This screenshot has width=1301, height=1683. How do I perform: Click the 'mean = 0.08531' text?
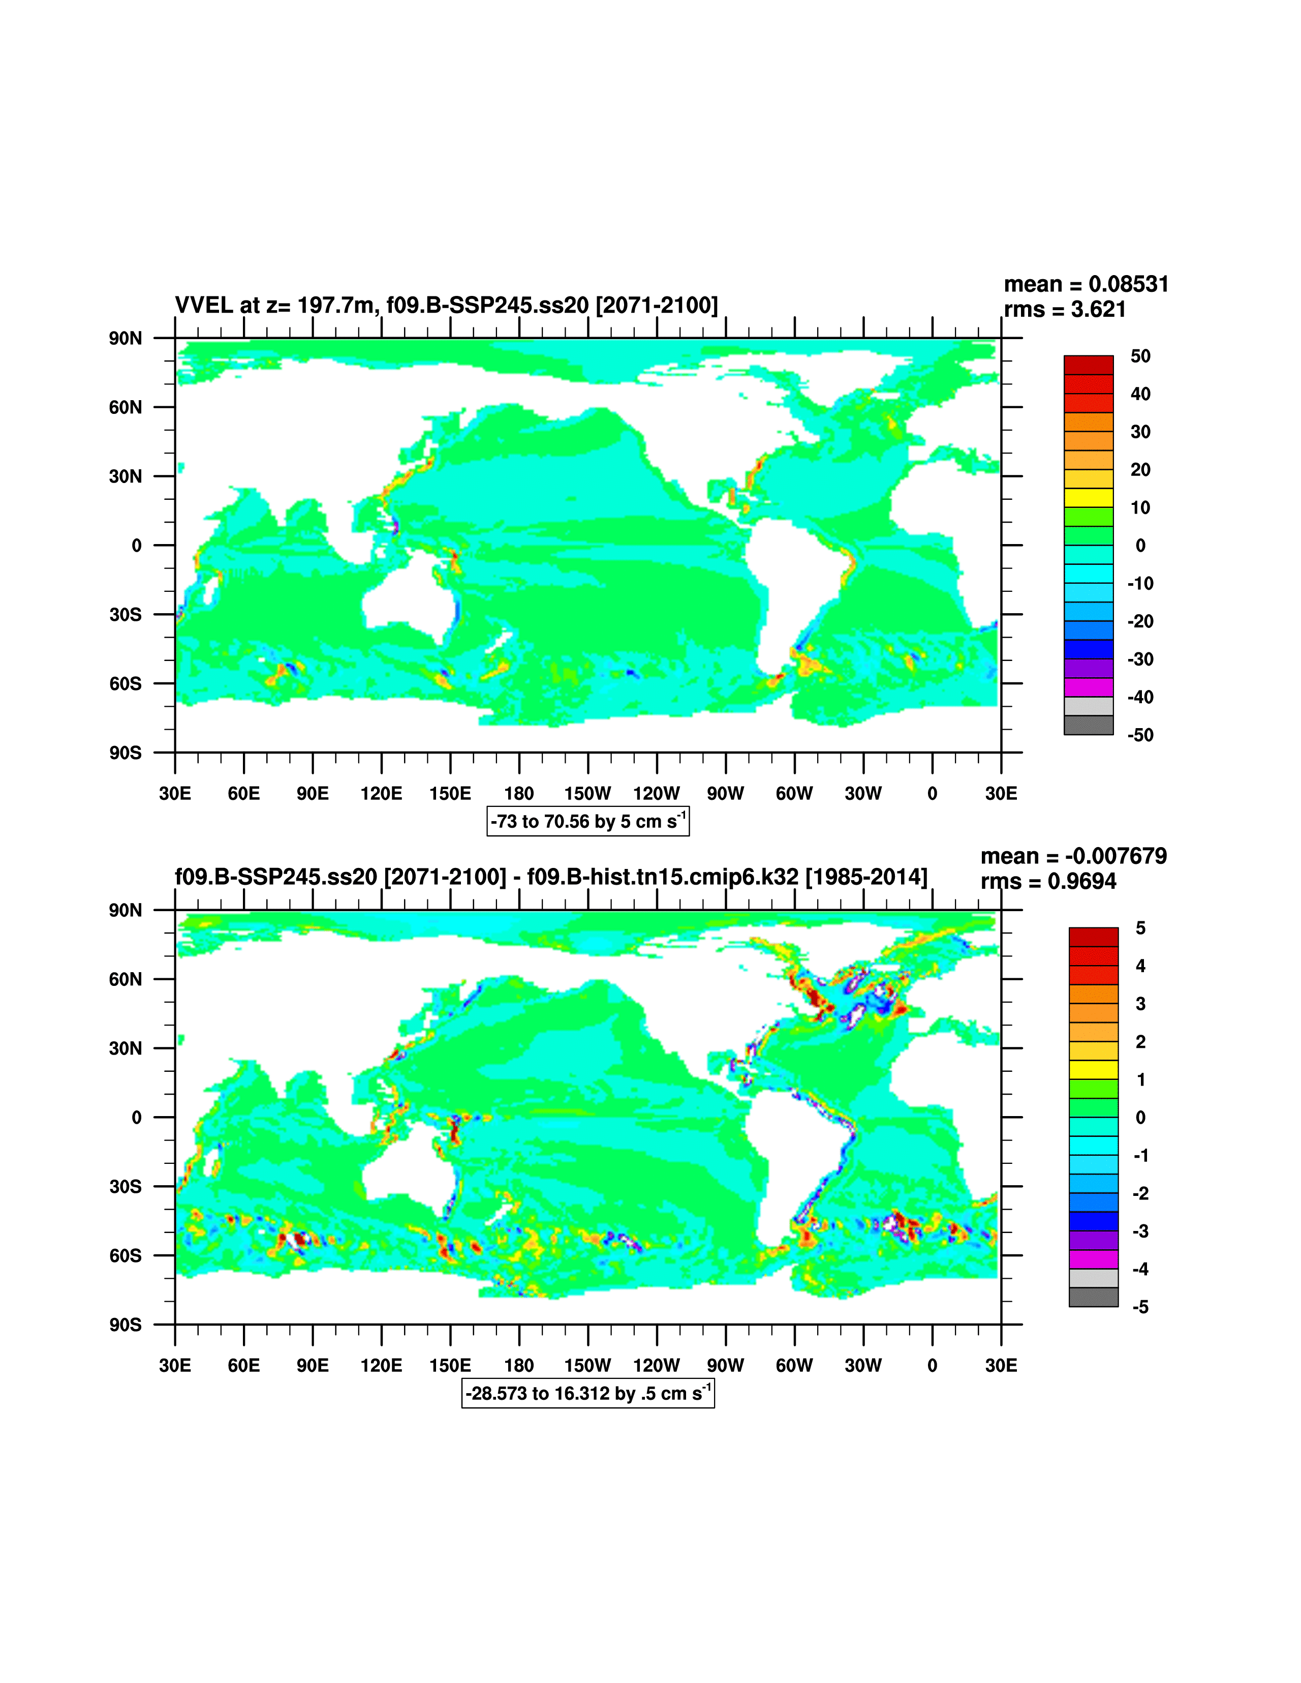pos(1086,284)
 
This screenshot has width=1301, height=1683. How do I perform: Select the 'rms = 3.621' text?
pos(1065,310)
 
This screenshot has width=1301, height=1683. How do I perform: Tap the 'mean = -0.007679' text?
pos(1073,856)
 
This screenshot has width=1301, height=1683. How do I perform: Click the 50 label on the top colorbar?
pos(1140,356)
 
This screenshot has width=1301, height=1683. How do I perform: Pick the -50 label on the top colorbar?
pos(1140,735)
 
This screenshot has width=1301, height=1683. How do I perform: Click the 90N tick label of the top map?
pos(126,338)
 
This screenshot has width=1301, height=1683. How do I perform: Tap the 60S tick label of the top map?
pos(126,683)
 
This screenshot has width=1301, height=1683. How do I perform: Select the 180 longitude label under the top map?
pos(519,794)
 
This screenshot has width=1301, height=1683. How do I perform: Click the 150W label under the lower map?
pos(587,1366)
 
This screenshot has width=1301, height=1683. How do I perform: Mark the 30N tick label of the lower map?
pos(126,1048)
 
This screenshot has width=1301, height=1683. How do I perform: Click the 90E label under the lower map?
pos(313,1366)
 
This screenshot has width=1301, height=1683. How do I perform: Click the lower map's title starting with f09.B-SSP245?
pos(551,877)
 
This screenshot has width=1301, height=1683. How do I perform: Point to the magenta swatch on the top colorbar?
pos(1089,687)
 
